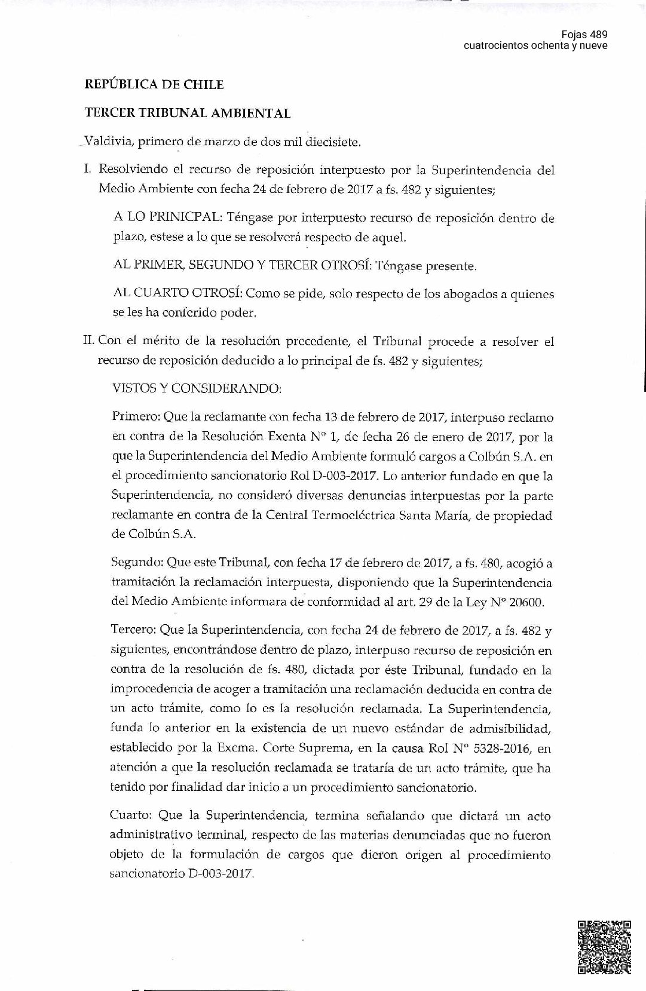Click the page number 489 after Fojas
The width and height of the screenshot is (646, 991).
tap(599, 35)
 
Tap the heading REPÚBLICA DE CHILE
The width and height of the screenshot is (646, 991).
tap(154, 85)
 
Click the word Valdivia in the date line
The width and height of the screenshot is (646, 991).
tap(105, 142)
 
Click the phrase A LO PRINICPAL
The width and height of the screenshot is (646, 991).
tap(161, 217)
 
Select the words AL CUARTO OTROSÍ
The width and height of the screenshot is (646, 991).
tap(176, 294)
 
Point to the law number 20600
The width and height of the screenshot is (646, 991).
tap(526, 602)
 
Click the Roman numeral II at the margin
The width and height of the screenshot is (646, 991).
tap(88, 342)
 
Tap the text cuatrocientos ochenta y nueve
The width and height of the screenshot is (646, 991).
tap(535, 46)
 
